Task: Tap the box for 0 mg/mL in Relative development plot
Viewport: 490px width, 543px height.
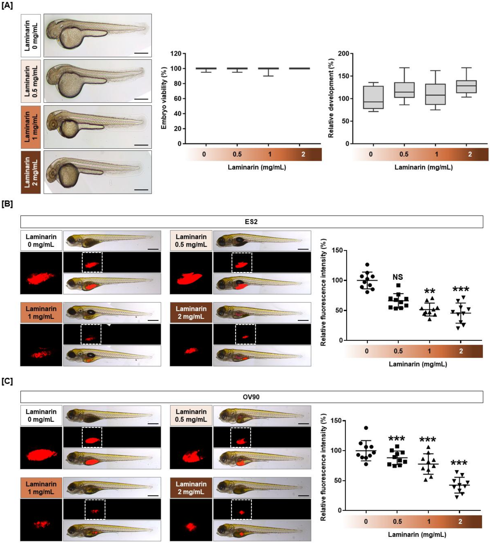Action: coord(373,97)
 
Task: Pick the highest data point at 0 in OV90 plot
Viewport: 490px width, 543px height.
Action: coord(366,428)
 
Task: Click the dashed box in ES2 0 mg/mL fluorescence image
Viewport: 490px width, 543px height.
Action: coord(92,262)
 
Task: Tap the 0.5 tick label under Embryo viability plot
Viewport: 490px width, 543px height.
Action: coord(237,154)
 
